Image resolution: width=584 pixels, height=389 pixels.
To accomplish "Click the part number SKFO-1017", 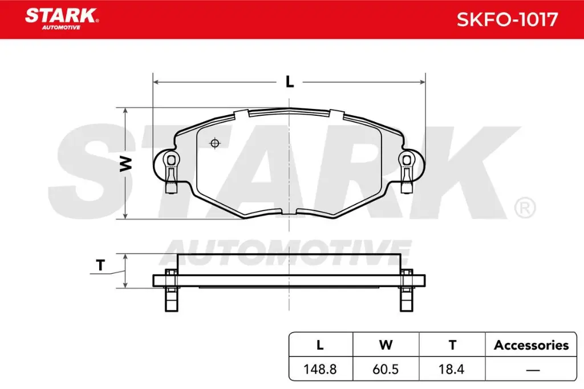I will click(x=507, y=19).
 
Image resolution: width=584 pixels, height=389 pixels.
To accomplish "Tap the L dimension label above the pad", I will click(x=290, y=82).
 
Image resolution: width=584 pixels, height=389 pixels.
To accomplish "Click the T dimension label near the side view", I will click(x=101, y=265).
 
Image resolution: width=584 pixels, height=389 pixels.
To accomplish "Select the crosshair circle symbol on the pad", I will click(x=215, y=143).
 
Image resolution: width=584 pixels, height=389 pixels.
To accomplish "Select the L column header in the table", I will click(x=320, y=345).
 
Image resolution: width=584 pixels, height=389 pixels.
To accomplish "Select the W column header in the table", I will click(x=386, y=345).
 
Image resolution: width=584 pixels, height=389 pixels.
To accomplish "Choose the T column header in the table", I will click(x=452, y=345).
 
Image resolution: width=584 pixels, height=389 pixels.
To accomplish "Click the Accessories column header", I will click(x=531, y=345).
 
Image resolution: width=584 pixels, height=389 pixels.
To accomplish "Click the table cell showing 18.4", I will click(x=452, y=369).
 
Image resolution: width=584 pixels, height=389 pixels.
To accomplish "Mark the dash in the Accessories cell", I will click(x=532, y=370).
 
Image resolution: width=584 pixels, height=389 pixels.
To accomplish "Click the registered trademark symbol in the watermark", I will click(x=524, y=207).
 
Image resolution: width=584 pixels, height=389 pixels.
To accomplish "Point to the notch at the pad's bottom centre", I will click(x=289, y=212).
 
